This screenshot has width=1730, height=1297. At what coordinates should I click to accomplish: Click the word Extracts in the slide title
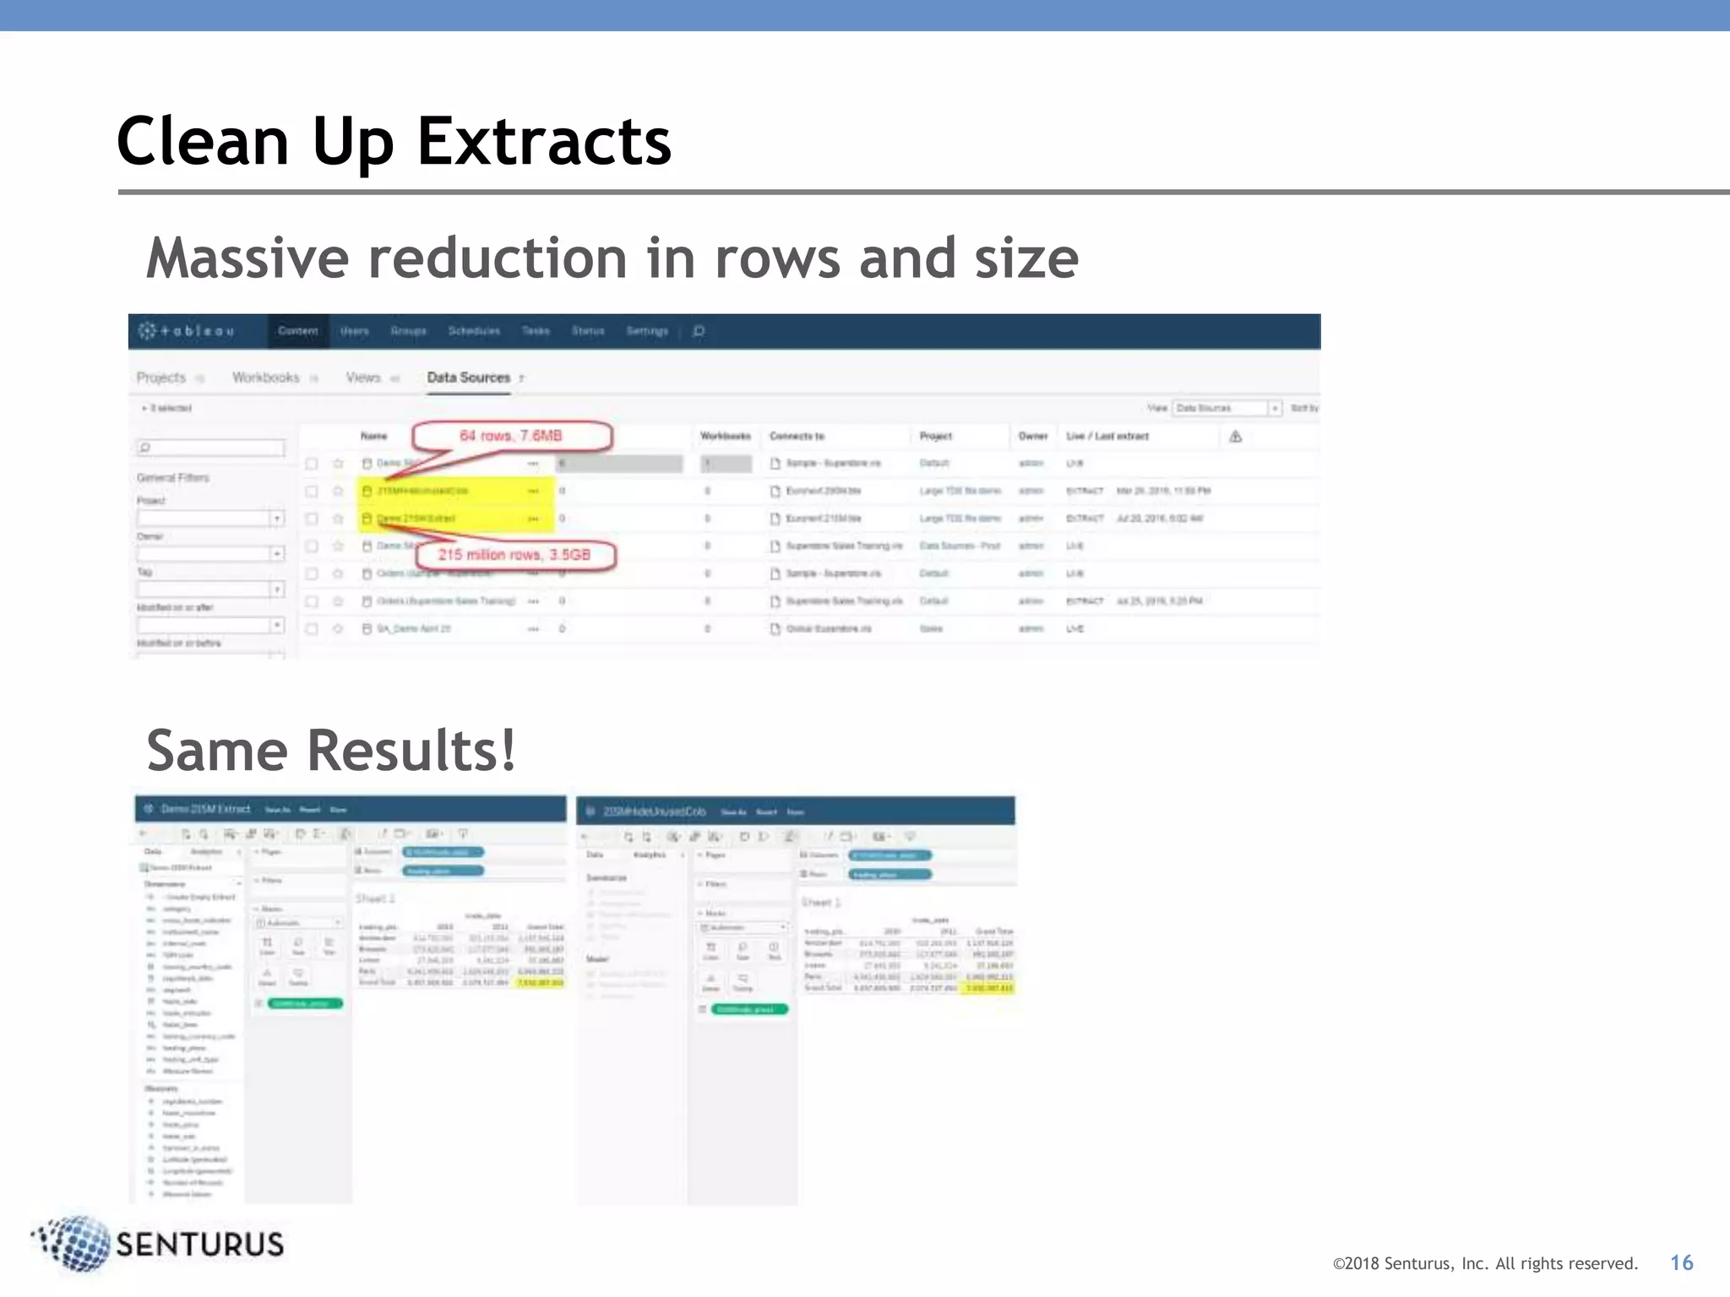[x=544, y=142]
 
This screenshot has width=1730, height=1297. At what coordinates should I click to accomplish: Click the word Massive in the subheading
[x=248, y=258]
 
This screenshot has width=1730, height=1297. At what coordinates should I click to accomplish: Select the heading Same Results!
[x=330, y=751]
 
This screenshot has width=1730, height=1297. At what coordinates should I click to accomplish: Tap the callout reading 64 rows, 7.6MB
[x=511, y=436]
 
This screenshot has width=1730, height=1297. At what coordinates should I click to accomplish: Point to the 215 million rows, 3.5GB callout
[x=514, y=555]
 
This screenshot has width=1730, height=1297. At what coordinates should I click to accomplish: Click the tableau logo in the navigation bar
[x=187, y=331]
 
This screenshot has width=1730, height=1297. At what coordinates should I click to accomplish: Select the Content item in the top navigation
[x=298, y=331]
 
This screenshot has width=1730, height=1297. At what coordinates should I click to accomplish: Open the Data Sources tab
[x=469, y=377]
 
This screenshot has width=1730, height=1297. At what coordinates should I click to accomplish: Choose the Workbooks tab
[x=266, y=377]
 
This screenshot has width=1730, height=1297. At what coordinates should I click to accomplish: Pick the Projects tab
[x=161, y=377]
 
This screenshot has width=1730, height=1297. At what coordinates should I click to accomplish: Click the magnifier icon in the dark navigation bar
[x=699, y=331]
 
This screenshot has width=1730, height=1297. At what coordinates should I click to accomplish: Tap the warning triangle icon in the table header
[x=1235, y=437]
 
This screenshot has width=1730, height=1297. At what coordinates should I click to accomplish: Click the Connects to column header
[x=797, y=437]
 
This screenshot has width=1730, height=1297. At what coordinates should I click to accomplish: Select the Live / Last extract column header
[x=1107, y=437]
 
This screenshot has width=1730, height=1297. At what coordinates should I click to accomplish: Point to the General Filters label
[x=173, y=478]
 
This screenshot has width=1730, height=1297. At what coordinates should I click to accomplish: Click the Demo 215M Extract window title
[x=205, y=809]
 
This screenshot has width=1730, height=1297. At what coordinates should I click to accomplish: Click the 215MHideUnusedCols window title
[x=655, y=811]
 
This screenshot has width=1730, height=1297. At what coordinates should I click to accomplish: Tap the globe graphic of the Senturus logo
[x=74, y=1242]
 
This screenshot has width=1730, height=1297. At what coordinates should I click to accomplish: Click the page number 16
[x=1681, y=1262]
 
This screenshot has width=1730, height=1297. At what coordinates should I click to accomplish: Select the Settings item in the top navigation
[x=647, y=331]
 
